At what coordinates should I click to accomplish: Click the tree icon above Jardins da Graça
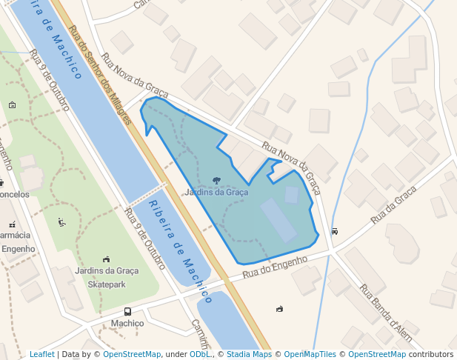tap(216, 180)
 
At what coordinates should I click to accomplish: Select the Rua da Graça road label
tap(394, 205)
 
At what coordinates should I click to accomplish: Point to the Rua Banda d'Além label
tap(385, 310)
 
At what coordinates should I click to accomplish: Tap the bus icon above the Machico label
tap(127, 312)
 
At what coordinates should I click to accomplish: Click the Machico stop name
tap(127, 324)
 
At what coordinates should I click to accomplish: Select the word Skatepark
tap(107, 284)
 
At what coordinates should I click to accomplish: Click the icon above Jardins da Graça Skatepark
tap(107, 259)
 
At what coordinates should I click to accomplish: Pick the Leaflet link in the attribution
tap(42, 354)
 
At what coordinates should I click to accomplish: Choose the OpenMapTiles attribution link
tap(310, 354)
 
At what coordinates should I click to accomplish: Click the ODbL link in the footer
tap(200, 354)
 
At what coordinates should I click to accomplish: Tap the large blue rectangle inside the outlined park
tap(278, 220)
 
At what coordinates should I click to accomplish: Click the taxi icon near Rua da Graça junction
tap(335, 230)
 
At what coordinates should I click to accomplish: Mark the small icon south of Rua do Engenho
tap(279, 308)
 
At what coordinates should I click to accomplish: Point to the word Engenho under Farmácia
tap(18, 249)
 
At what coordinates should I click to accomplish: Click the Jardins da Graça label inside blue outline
tap(216, 192)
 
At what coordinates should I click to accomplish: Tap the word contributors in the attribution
tap(431, 354)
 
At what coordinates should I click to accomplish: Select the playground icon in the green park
tap(61, 221)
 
